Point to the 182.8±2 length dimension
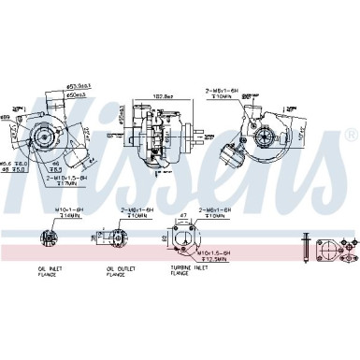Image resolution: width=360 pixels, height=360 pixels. click(165, 96)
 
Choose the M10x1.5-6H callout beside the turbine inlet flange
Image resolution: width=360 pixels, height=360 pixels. click(213, 252)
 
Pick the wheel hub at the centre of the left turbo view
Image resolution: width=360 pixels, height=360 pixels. click(43, 137)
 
